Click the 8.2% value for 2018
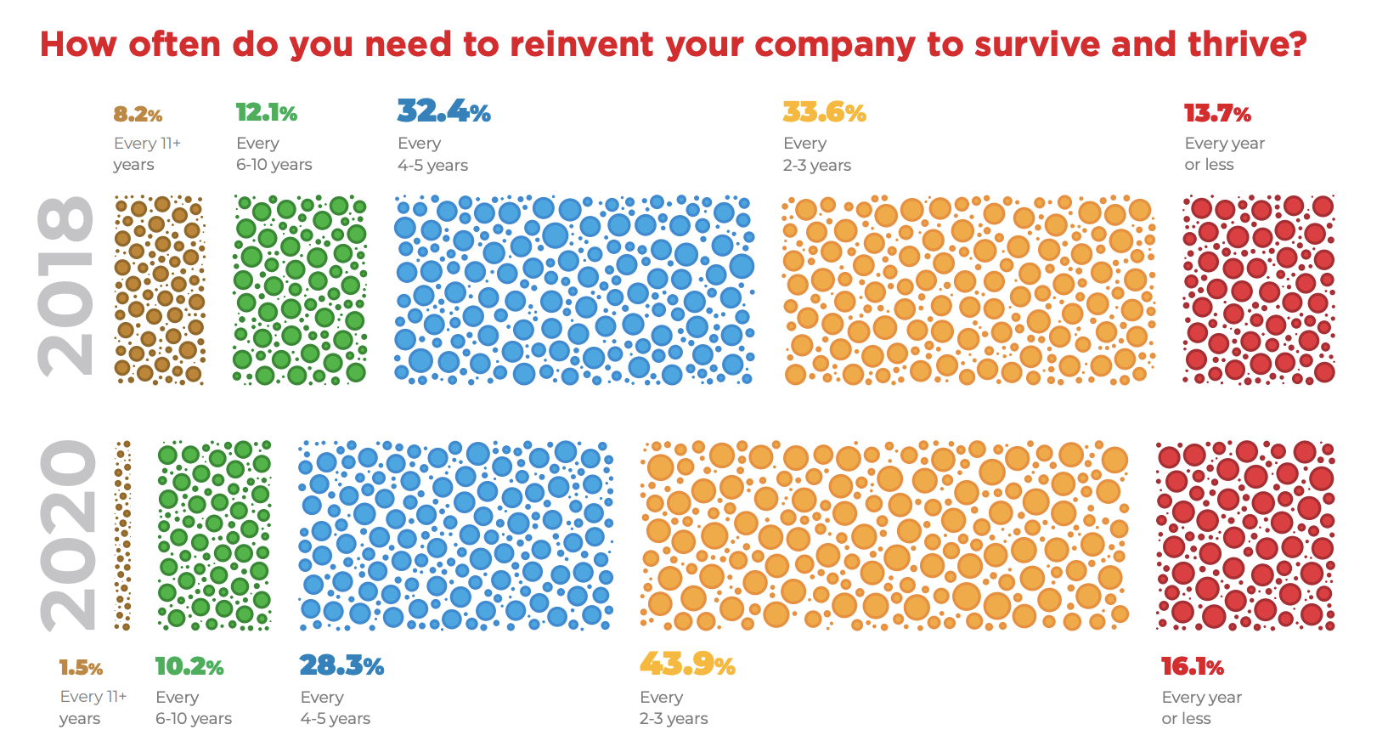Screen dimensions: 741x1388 tap(138, 115)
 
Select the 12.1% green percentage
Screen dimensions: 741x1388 tap(266, 113)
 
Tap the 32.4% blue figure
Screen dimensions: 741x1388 tap(443, 111)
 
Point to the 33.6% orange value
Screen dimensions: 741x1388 tap(824, 112)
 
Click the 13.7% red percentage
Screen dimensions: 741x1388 tap(1217, 113)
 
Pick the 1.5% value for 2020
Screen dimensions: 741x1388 tap(81, 668)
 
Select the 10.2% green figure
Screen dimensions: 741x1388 tap(189, 667)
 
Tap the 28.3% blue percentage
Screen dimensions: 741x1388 tap(341, 665)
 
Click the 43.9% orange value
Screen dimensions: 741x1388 tap(687, 665)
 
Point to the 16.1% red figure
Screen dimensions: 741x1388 tap(1193, 667)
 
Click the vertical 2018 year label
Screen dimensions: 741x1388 tap(66, 286)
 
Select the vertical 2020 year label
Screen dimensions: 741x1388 tap(68, 535)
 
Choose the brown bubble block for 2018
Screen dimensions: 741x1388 tap(160, 290)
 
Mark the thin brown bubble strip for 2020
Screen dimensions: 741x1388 tap(123, 535)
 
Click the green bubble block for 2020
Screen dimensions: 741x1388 tap(214, 535)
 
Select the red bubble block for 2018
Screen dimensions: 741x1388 tap(1258, 290)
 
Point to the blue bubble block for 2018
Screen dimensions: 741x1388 tap(574, 290)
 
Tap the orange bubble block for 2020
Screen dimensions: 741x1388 tap(884, 535)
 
